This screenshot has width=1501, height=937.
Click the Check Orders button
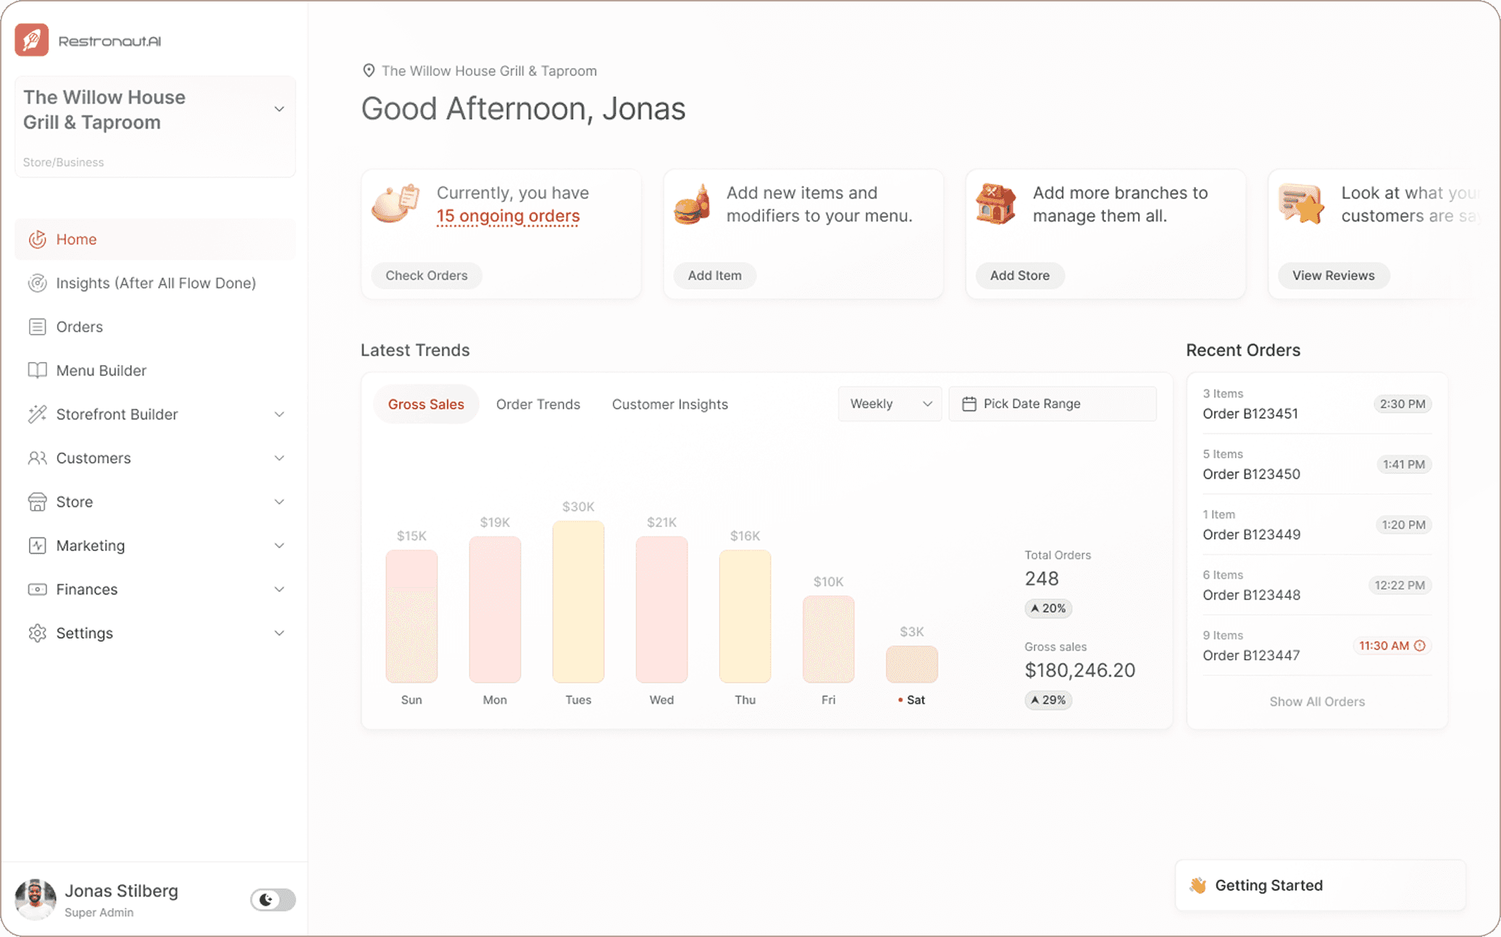(426, 275)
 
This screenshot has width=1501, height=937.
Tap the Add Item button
(714, 275)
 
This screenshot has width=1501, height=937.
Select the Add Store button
(1019, 275)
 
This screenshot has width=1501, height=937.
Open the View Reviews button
(1333, 275)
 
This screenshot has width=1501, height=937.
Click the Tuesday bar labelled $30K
(578, 601)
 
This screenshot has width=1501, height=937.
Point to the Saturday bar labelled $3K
(911, 664)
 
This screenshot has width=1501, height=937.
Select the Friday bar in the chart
(828, 639)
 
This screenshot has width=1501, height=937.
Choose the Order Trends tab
(538, 404)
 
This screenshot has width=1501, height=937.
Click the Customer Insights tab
(669, 404)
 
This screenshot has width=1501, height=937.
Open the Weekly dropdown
(890, 403)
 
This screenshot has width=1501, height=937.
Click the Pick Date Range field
(1052, 403)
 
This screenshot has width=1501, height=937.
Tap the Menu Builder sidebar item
(101, 370)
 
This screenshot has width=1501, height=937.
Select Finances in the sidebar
(87, 589)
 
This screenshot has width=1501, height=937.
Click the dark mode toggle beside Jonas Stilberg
(272, 899)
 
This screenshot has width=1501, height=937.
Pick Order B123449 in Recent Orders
(1251, 534)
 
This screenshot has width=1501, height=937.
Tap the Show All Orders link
(1316, 701)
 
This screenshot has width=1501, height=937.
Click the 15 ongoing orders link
(508, 216)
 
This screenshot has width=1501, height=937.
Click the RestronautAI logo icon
(32, 40)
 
